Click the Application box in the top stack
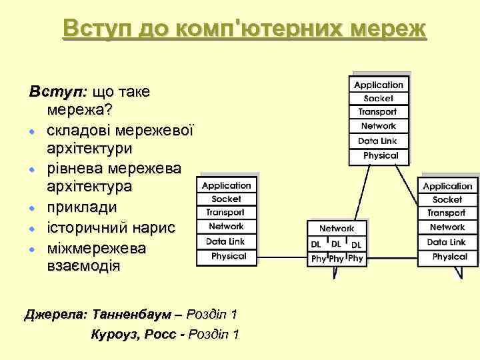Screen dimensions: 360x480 point(379,85)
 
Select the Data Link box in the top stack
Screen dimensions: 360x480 point(378,141)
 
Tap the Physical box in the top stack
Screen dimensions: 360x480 point(381,155)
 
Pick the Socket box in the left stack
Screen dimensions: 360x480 point(226,199)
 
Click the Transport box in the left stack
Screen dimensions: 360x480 point(225,212)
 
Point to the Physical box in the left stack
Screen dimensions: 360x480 point(229,255)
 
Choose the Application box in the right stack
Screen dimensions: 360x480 point(447,186)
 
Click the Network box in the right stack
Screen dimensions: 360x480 point(447,227)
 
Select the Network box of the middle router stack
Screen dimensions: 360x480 point(337,229)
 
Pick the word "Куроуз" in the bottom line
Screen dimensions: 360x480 point(114,334)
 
